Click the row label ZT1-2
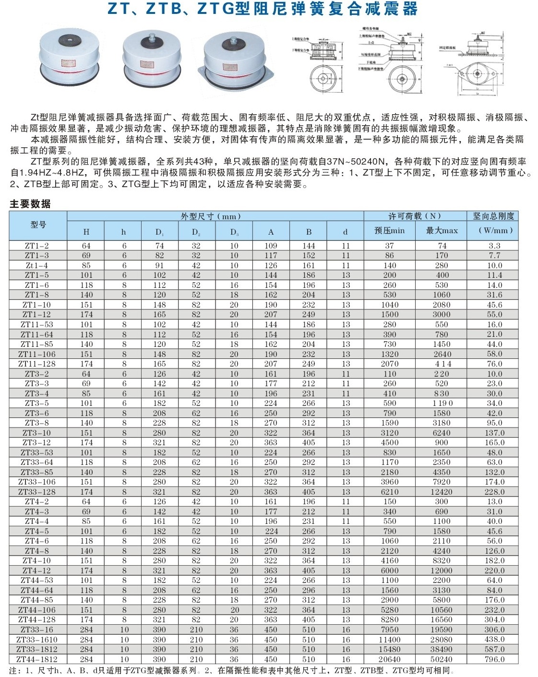click(37, 246)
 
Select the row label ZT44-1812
click(37, 659)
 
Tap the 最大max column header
click(442, 231)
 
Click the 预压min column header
click(389, 231)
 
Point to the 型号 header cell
click(38, 225)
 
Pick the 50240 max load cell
click(442, 659)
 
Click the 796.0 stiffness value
click(494, 659)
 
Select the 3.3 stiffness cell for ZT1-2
click(494, 246)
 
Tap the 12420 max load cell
click(442, 492)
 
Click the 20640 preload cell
click(389, 659)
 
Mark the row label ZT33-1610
click(37, 640)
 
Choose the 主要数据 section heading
click(30, 204)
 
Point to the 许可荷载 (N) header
click(415, 216)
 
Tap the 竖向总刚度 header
click(493, 216)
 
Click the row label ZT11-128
click(37, 364)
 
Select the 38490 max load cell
click(442, 649)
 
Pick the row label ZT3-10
click(37, 433)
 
